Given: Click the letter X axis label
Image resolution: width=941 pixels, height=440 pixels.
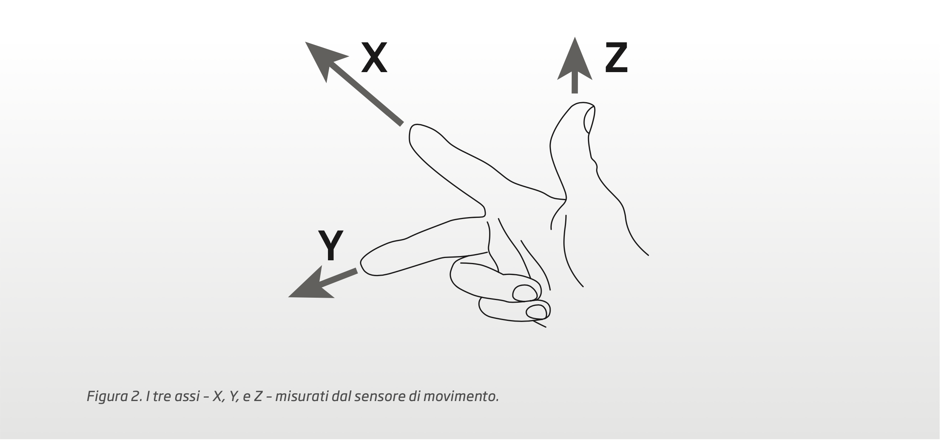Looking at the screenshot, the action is [x=374, y=57].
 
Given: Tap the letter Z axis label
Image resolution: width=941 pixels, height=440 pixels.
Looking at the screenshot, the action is [x=616, y=57].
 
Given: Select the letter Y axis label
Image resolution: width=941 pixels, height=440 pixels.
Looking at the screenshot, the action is [x=331, y=245].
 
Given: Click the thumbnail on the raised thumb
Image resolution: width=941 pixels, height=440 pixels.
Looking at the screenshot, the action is [x=589, y=120].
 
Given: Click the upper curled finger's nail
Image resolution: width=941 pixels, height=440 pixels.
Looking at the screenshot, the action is [x=524, y=293].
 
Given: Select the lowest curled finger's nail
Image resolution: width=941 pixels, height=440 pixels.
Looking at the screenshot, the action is [x=537, y=312].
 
